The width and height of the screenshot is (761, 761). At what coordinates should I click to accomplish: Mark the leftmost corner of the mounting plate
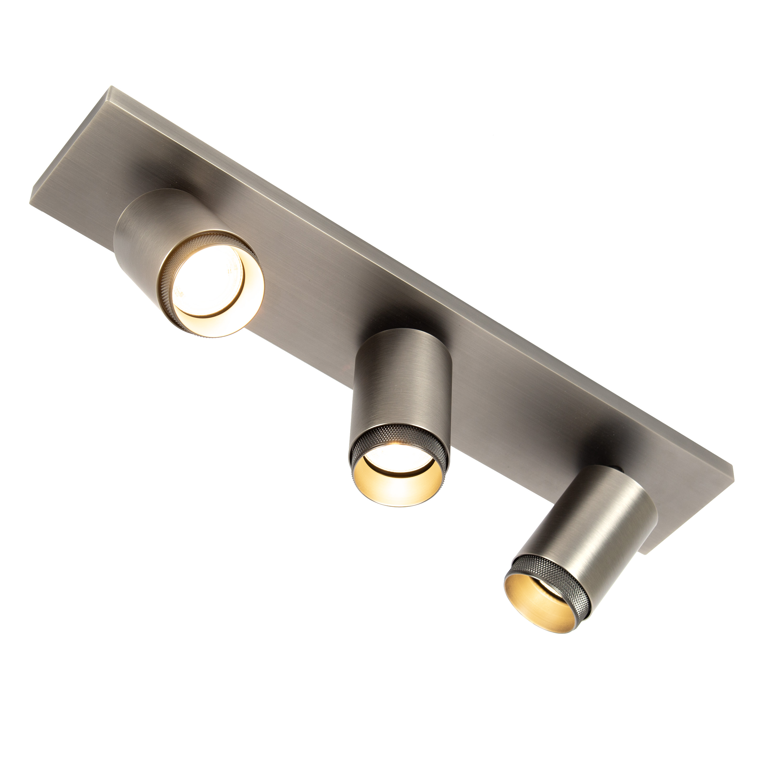30,203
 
